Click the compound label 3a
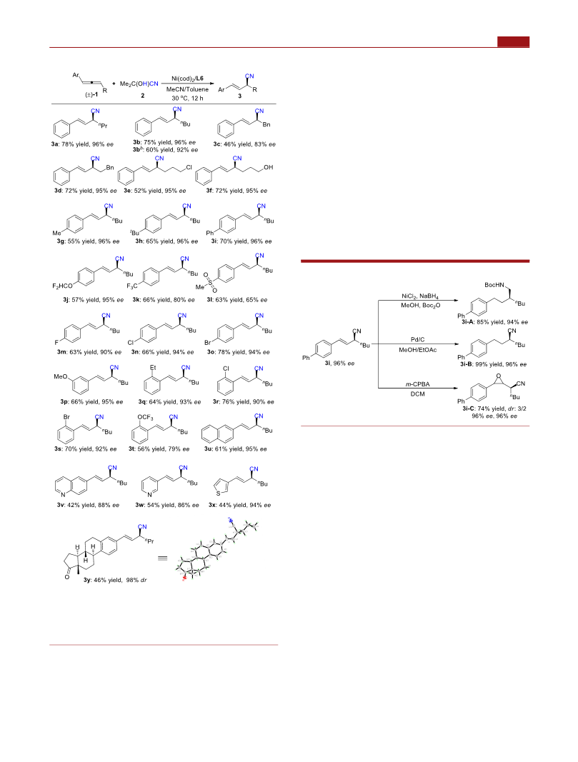(55, 144)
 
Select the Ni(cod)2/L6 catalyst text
(188, 79)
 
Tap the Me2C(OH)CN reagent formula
(139, 84)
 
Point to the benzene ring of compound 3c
(226, 129)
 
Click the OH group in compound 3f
(269, 167)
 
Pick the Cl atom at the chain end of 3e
(189, 167)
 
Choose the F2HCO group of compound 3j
(62, 286)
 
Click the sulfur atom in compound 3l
(211, 281)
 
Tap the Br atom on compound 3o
(208, 343)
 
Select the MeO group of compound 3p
(61, 376)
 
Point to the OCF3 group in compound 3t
(145, 418)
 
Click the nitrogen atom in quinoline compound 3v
(63, 495)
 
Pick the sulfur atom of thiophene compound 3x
(219, 493)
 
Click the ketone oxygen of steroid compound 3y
(67, 577)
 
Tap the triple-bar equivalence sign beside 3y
(162, 558)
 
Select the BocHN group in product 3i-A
(495, 285)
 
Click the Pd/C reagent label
(417, 340)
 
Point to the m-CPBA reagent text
(417, 384)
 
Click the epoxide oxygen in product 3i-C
(498, 376)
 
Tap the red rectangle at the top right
(514, 42)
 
